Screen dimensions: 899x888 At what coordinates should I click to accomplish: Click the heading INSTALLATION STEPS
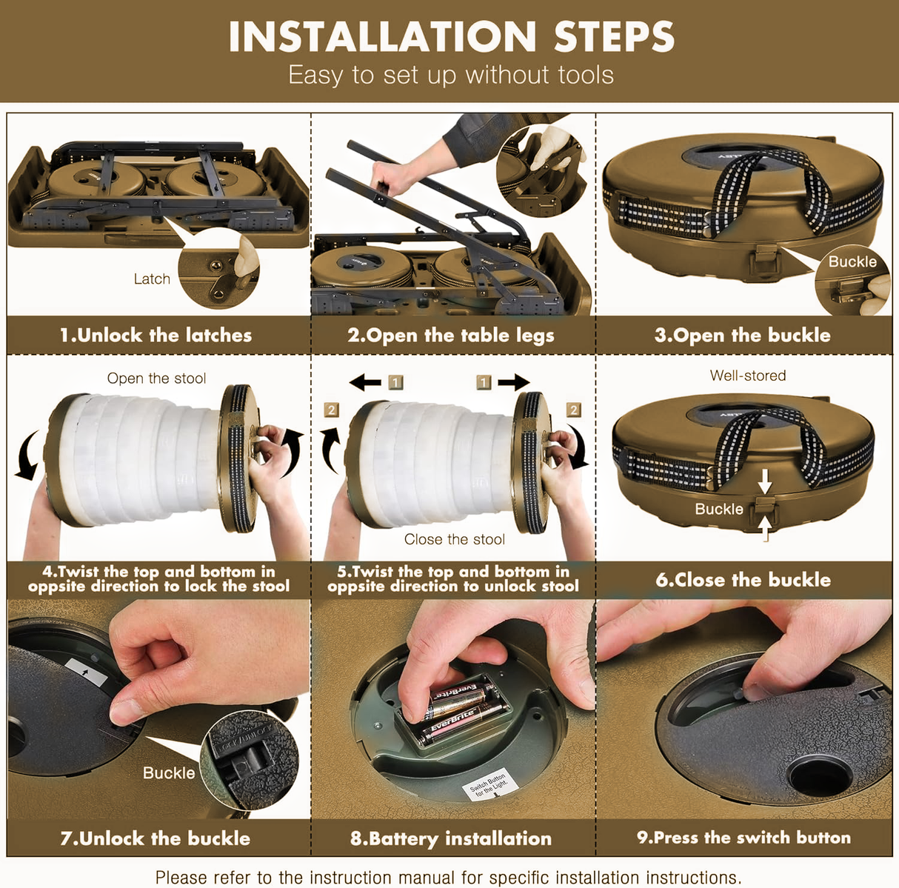[451, 36]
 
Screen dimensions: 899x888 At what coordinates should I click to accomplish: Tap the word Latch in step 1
[152, 278]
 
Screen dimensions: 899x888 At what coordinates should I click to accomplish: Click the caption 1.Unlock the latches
[156, 335]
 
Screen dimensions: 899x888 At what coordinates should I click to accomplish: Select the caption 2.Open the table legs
[451, 335]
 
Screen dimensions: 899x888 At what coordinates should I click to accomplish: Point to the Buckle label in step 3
[852, 261]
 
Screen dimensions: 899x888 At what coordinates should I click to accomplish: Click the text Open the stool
[156, 378]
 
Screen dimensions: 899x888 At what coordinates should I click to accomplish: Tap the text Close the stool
[455, 539]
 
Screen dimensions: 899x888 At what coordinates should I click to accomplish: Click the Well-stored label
[748, 375]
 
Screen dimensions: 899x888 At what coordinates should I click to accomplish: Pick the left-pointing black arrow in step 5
[365, 383]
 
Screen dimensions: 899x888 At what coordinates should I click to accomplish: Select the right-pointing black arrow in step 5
[514, 382]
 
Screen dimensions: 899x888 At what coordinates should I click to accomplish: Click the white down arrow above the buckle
[765, 481]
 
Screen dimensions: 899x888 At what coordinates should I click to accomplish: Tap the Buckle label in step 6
[719, 509]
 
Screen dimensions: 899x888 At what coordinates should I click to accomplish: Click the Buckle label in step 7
[169, 772]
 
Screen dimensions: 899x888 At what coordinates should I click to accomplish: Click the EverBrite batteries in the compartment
[458, 714]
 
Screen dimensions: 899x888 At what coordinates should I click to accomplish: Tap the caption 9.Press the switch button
[743, 837]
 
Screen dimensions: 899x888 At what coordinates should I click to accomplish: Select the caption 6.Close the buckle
[743, 580]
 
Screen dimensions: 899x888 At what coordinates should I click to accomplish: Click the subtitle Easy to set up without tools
[451, 75]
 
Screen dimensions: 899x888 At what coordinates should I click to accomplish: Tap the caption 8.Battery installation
[451, 838]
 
